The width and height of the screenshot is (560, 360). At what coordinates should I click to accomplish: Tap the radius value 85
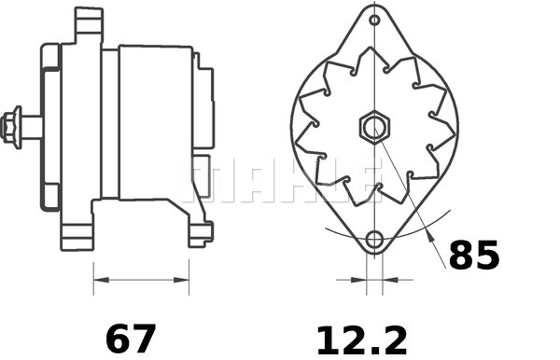474,255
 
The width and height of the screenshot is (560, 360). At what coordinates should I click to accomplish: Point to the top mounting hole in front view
374,20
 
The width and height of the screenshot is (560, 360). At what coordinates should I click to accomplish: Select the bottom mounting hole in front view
374,240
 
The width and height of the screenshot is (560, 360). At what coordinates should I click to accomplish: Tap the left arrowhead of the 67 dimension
100,278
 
